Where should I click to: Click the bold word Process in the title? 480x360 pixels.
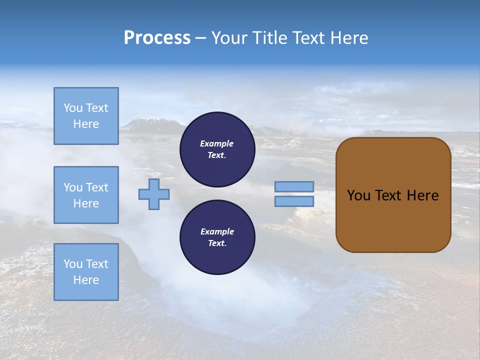(157, 38)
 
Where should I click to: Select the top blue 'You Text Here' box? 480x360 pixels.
(86, 116)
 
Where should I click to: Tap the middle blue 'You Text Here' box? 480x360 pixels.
(86, 195)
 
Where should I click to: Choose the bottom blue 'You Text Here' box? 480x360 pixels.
(86, 272)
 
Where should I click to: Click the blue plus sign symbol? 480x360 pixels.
(154, 194)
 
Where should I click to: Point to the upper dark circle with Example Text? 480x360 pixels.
(217, 149)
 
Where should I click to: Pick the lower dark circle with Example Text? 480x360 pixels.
(217, 237)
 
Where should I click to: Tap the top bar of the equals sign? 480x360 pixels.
(294, 186)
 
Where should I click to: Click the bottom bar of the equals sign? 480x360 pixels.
(294, 201)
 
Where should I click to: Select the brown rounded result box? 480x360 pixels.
(393, 195)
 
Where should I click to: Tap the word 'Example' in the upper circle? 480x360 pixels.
(217, 143)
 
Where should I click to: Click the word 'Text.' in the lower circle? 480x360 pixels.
(217, 243)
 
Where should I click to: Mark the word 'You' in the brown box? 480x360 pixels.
(358, 195)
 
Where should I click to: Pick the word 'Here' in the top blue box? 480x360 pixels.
(86, 124)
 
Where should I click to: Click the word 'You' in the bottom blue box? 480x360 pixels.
(73, 264)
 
